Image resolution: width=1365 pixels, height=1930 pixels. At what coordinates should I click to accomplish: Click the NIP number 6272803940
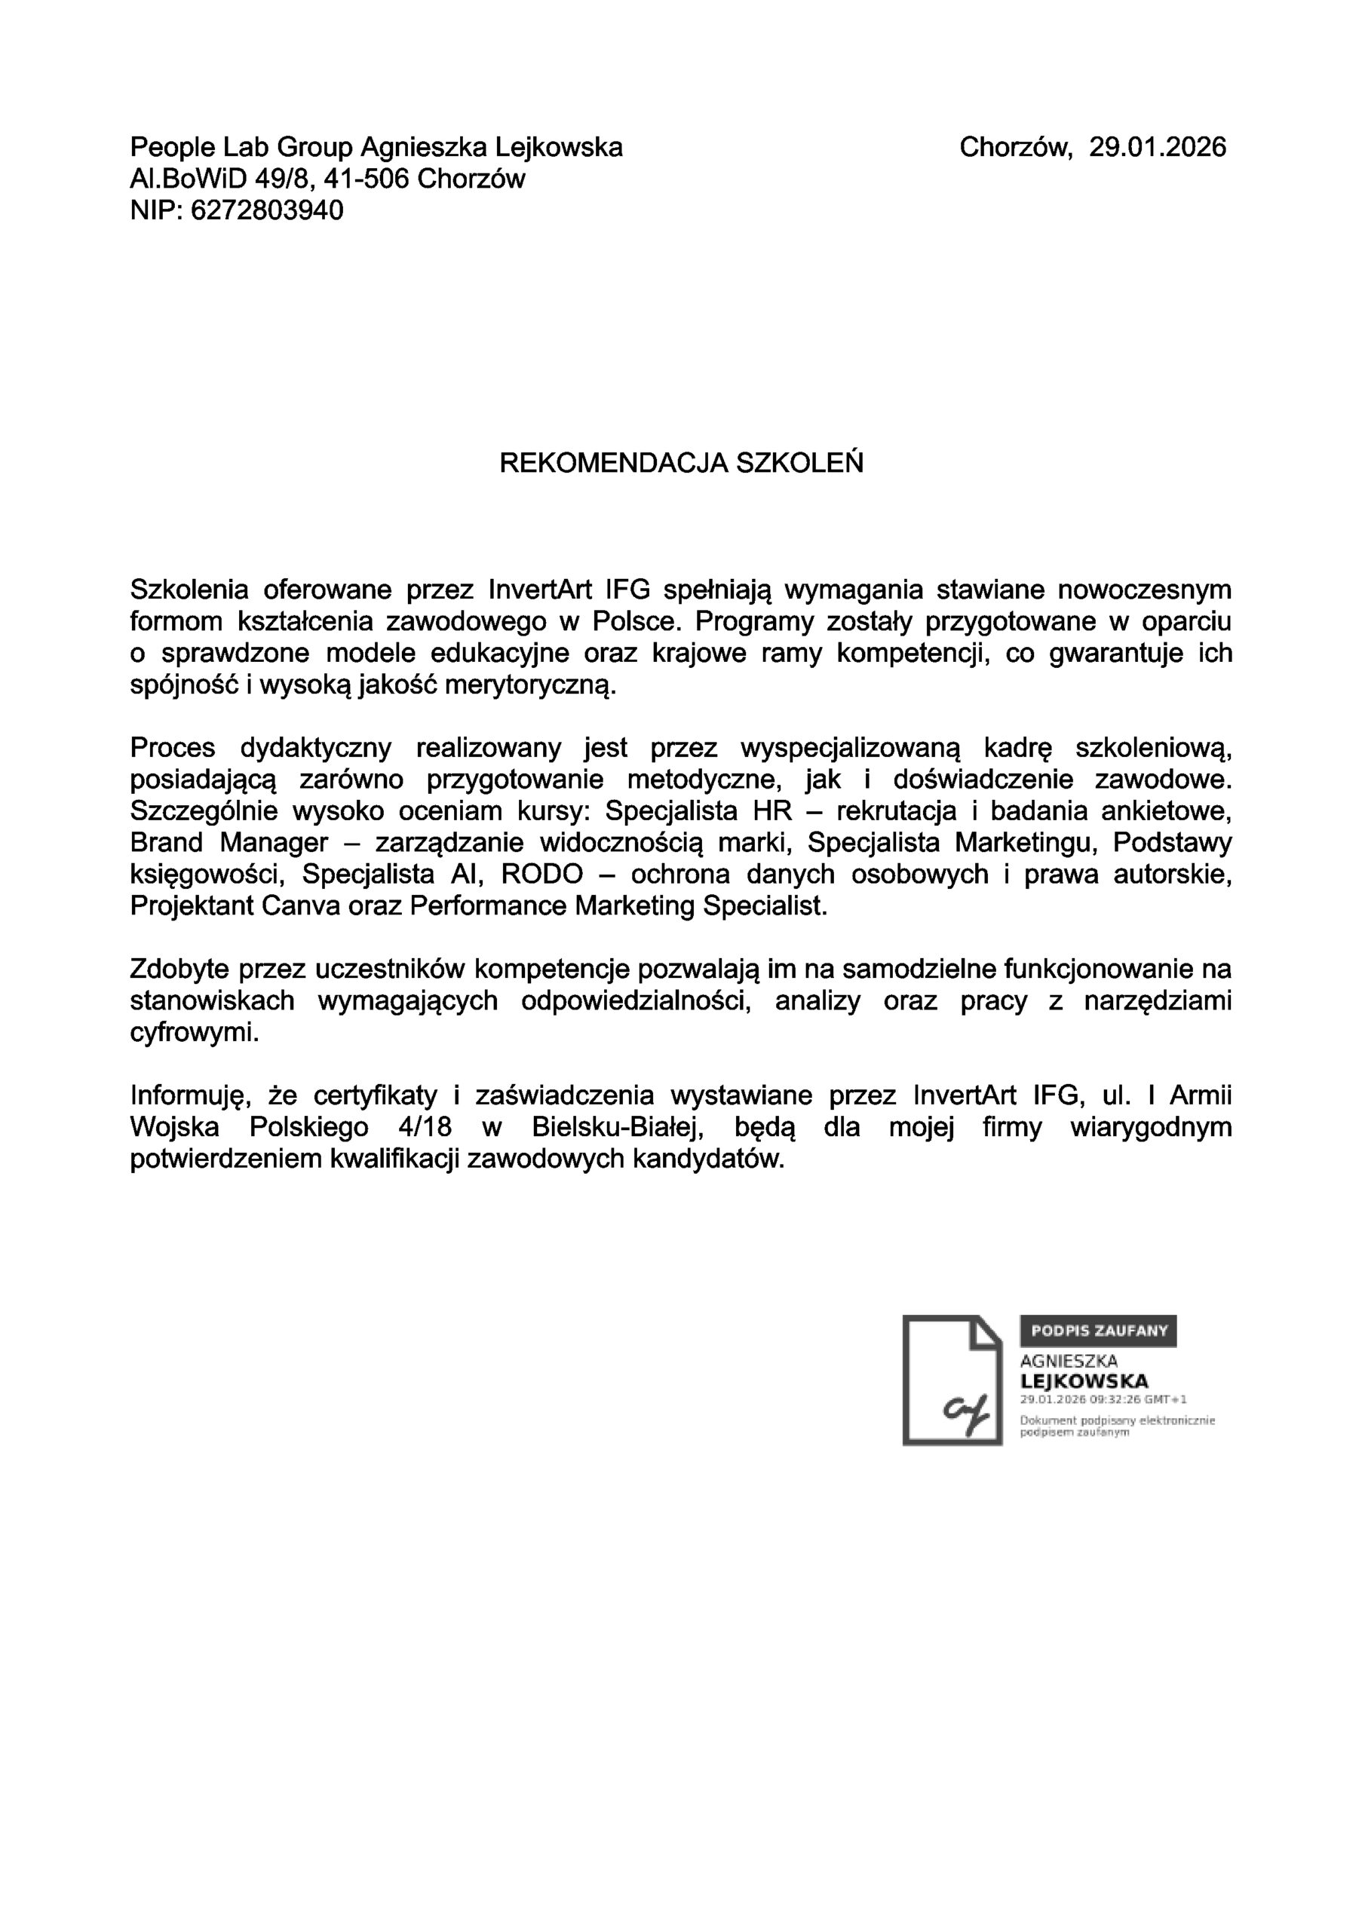[267, 210]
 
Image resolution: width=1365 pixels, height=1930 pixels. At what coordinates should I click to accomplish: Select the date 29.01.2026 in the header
[1158, 147]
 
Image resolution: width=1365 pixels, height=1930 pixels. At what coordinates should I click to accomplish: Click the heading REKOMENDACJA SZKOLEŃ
[681, 462]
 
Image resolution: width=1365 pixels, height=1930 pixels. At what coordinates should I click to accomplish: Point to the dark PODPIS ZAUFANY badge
[1097, 1331]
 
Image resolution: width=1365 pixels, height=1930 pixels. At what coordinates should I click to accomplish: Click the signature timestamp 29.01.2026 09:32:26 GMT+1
[1103, 1399]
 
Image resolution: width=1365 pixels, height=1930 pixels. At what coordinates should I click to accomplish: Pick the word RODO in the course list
[541, 875]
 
